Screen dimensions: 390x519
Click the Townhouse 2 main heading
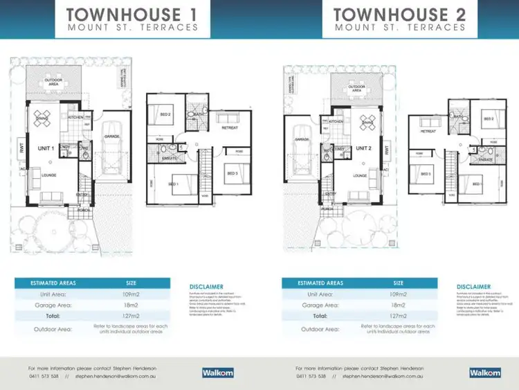coord(399,14)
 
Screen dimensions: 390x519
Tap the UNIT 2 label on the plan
coord(364,149)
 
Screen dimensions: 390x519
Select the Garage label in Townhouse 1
coord(112,136)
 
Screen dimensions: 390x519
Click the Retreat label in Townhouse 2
coord(428,130)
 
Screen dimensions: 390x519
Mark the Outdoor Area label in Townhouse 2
coord(356,88)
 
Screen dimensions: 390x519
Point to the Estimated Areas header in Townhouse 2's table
coord(320,283)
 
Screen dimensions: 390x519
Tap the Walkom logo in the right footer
coord(483,372)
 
